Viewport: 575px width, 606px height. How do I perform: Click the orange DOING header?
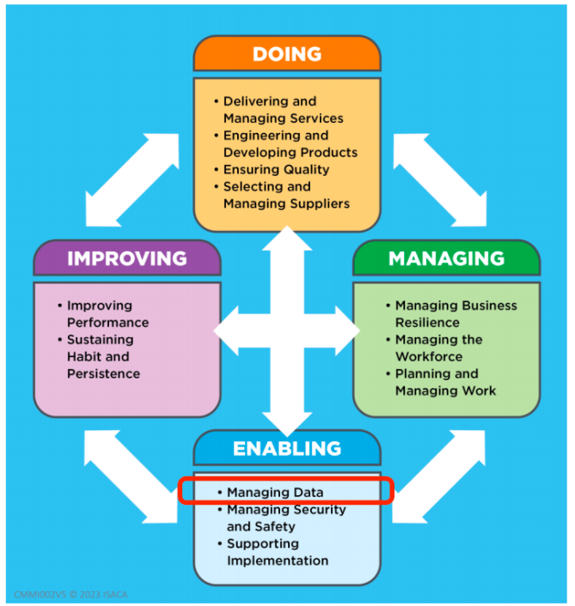click(x=287, y=54)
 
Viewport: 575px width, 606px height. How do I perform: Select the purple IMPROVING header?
click(x=126, y=258)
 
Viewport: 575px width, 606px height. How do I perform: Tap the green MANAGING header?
click(x=446, y=258)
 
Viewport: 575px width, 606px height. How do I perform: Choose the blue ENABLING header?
click(x=286, y=448)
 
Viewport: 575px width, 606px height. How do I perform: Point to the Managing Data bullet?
click(x=275, y=493)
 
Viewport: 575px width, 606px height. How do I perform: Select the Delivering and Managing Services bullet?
click(x=283, y=110)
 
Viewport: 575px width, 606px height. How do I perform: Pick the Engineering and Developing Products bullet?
click(x=290, y=144)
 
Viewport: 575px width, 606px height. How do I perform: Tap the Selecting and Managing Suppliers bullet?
click(x=286, y=195)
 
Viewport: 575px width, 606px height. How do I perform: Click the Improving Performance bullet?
click(x=107, y=314)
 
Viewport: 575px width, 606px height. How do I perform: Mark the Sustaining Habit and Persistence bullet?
click(x=103, y=357)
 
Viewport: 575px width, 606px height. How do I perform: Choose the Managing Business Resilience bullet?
click(x=456, y=314)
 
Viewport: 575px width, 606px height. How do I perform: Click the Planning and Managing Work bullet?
click(x=445, y=383)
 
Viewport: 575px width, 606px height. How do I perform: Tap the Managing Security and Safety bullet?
click(x=285, y=518)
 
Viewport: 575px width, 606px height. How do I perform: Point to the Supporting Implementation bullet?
click(x=277, y=552)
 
